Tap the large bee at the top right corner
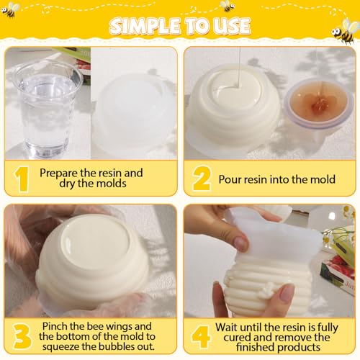(x=344, y=30)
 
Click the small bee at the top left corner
(x=12, y=10)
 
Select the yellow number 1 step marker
(x=22, y=179)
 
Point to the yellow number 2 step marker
(x=201, y=179)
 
